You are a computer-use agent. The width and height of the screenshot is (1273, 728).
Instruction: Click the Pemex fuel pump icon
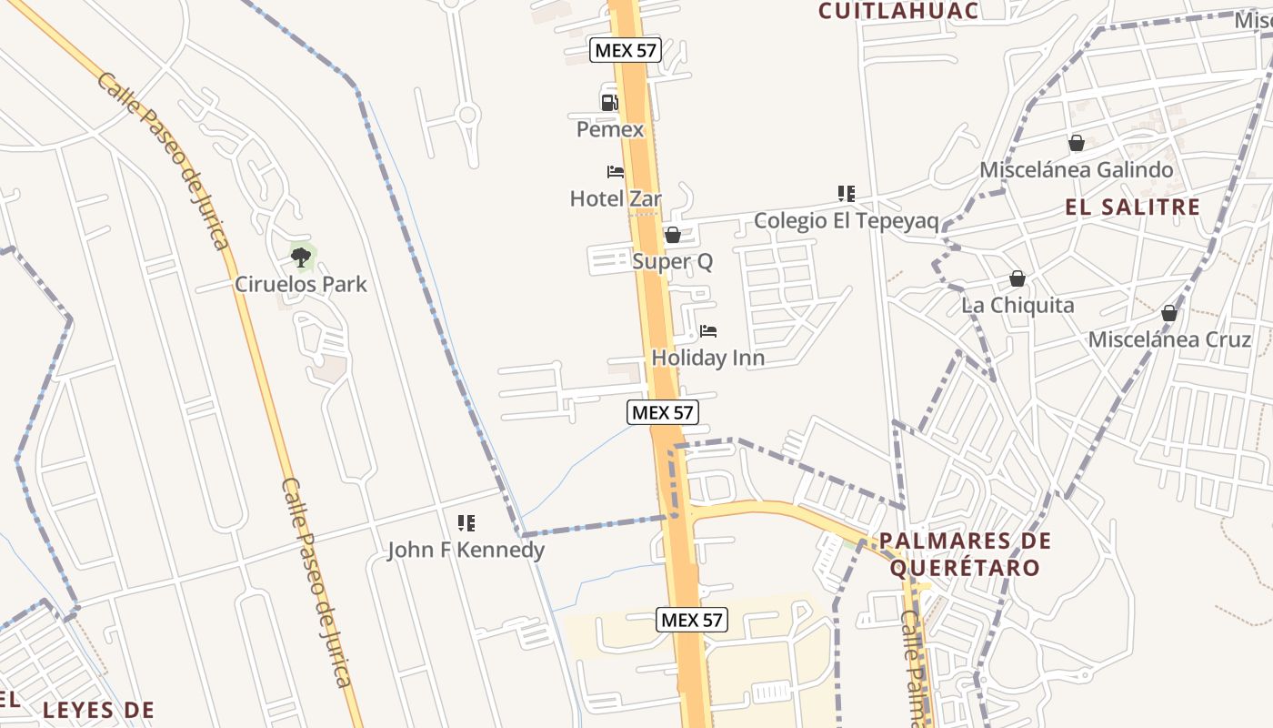[x=609, y=102]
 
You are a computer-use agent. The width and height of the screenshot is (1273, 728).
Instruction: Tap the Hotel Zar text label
[x=616, y=198]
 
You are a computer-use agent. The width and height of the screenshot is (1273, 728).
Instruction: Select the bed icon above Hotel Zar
[x=616, y=171]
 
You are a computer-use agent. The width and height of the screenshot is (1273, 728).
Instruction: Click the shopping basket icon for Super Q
[x=673, y=235]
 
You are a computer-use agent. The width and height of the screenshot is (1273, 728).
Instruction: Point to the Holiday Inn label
[x=708, y=359]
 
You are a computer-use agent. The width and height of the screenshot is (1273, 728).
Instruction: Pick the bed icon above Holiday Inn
[x=708, y=331]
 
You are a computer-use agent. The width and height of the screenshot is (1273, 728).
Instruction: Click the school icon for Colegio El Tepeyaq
[x=847, y=193]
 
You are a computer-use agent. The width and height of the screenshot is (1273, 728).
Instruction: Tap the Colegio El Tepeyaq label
[x=846, y=220]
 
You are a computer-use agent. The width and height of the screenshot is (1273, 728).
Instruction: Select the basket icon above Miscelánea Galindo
[x=1077, y=143]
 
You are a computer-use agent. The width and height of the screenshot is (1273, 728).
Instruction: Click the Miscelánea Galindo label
[x=1076, y=170]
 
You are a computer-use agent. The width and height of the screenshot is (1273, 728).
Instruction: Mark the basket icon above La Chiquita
[x=1017, y=278]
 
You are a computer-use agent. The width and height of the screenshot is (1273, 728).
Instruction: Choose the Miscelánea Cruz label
[x=1169, y=340]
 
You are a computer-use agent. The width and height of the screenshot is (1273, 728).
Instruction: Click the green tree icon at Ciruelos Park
[x=301, y=258]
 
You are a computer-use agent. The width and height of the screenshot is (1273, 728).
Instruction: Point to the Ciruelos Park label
[x=301, y=284]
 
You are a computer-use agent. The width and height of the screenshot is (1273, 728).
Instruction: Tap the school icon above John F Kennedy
[x=466, y=522]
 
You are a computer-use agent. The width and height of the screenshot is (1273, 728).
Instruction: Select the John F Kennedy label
[x=466, y=550]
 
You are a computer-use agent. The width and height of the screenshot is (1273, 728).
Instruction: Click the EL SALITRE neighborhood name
[x=1132, y=207]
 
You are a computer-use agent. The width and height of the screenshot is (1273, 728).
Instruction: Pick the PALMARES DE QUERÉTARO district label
[x=965, y=554]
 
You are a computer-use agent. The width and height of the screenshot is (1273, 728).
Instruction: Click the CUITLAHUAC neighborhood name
[x=898, y=11]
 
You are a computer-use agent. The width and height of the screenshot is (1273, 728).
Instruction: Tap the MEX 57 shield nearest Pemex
[x=625, y=50]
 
